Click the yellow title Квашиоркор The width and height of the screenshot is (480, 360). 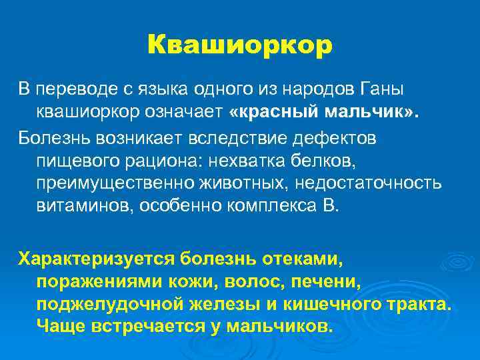pyautogui.click(x=239, y=45)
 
